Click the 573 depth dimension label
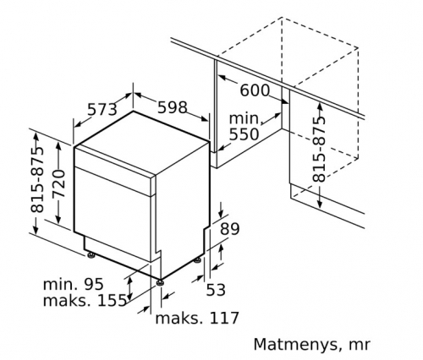click(102, 110)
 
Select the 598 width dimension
click(173, 107)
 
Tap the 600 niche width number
click(255, 90)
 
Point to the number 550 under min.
click(244, 134)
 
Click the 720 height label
click(59, 183)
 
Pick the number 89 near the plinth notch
click(229, 229)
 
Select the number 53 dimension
click(216, 290)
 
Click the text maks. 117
click(197, 318)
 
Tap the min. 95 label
click(74, 284)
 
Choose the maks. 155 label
click(85, 300)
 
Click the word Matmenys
click(295, 345)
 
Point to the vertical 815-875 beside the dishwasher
click(37, 179)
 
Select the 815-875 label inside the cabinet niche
click(319, 149)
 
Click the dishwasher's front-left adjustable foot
click(91, 255)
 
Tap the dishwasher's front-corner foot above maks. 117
click(160, 282)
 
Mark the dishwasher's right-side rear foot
click(197, 259)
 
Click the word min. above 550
click(244, 118)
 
